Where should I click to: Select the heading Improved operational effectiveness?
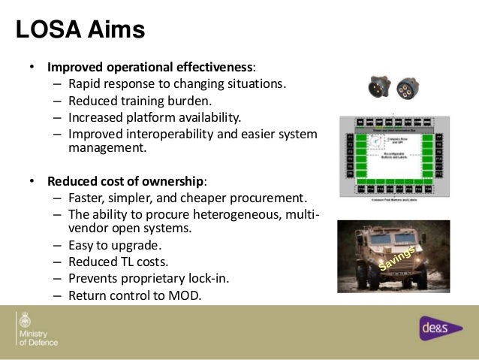(150, 66)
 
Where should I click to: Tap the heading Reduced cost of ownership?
(126, 181)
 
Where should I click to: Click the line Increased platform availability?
(155, 116)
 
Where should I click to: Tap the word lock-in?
(207, 278)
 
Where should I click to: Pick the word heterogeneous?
(248, 215)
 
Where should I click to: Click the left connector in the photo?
(378, 87)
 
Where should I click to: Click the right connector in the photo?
(408, 87)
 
